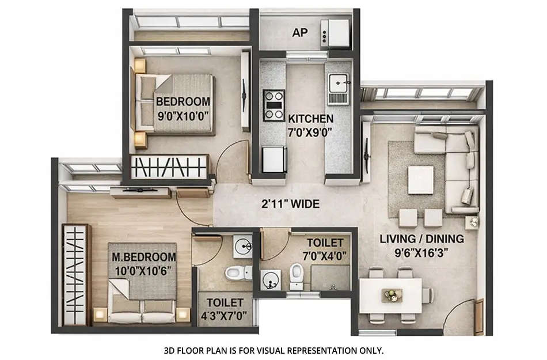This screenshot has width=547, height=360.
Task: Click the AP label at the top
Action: (299, 33)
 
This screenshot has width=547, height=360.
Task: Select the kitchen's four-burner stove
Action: (273, 105)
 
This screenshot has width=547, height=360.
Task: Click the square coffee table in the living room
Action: (421, 180)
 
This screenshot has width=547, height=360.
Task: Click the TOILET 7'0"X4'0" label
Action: (325, 248)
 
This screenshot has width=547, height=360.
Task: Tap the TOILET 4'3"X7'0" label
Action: (224, 308)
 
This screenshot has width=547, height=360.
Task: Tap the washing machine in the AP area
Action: (335, 32)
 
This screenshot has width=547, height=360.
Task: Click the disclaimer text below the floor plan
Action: (273, 350)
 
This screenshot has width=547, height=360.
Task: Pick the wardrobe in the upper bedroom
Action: (168, 167)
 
